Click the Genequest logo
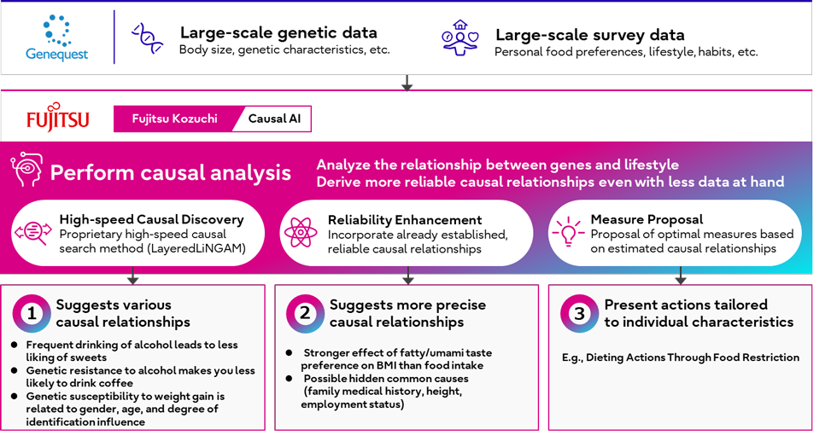pos(56,38)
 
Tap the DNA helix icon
pos(147,38)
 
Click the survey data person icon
pos(460,38)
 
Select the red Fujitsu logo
pos(58,117)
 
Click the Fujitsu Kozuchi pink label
pos(174,119)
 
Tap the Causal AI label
pos(274,119)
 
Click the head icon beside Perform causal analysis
pos(26,169)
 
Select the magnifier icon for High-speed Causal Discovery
pos(33,233)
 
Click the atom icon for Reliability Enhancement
pos(301,233)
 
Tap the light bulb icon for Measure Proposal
pos(568,231)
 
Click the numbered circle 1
pos(32,313)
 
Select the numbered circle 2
pos(305,313)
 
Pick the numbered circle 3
pos(579,313)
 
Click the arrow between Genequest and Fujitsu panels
pos(407,83)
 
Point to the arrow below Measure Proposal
pos(681,276)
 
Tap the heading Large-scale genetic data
pos(278,32)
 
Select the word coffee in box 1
pos(114,383)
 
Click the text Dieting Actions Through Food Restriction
pos(693,357)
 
